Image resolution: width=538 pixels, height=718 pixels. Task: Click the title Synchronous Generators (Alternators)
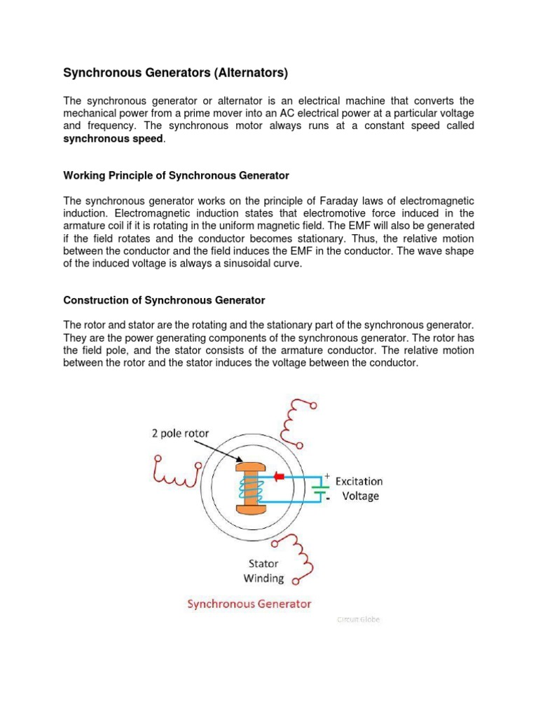click(x=176, y=72)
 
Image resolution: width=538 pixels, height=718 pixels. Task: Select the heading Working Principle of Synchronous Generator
click(x=176, y=175)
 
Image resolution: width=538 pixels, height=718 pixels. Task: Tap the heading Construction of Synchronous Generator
click(x=164, y=300)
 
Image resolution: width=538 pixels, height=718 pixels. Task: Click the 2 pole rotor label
click(x=180, y=433)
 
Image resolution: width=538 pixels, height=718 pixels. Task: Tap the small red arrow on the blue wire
click(x=280, y=477)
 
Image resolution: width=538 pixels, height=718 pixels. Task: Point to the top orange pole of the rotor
click(x=251, y=466)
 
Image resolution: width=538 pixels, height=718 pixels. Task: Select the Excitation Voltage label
click(x=359, y=489)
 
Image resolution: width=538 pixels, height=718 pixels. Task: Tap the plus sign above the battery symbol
click(x=326, y=475)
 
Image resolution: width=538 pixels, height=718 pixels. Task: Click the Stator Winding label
click(x=263, y=571)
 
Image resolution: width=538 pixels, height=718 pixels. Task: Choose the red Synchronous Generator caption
click(x=249, y=604)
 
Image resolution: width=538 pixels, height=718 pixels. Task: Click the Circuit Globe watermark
click(x=358, y=620)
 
